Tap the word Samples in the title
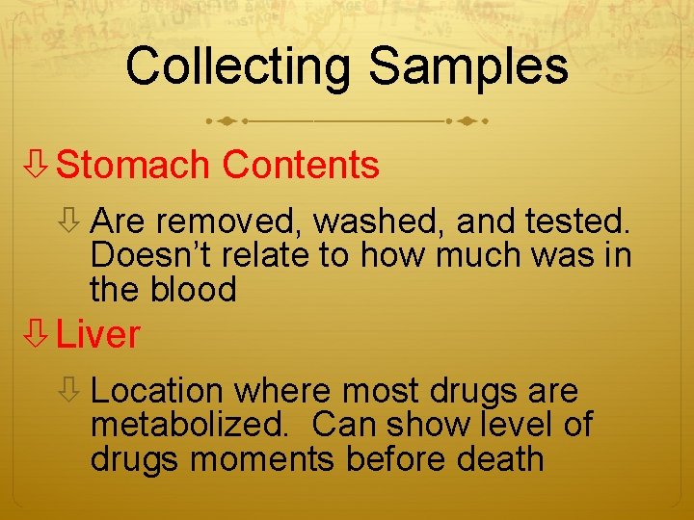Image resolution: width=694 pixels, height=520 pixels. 468,66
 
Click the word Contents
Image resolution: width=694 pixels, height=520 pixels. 301,166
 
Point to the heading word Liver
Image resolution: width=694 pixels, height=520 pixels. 98,335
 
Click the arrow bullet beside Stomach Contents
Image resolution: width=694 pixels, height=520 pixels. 37,166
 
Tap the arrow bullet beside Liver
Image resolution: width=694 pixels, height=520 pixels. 37,335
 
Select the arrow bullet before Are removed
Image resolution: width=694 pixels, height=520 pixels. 69,223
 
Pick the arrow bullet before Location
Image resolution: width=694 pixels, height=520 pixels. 69,392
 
